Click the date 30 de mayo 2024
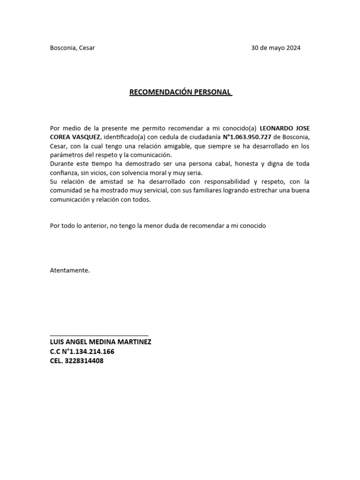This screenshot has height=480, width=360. pyautogui.click(x=276, y=48)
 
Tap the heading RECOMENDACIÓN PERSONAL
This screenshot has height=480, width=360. pyautogui.click(x=180, y=92)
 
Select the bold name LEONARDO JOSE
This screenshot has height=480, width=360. pyautogui.click(x=285, y=128)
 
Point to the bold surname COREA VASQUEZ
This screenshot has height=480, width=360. pyautogui.click(x=75, y=137)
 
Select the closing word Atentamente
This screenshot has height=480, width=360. pyautogui.click(x=69, y=270)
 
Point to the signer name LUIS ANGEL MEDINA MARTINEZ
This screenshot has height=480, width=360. pyautogui.click(x=100, y=342)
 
